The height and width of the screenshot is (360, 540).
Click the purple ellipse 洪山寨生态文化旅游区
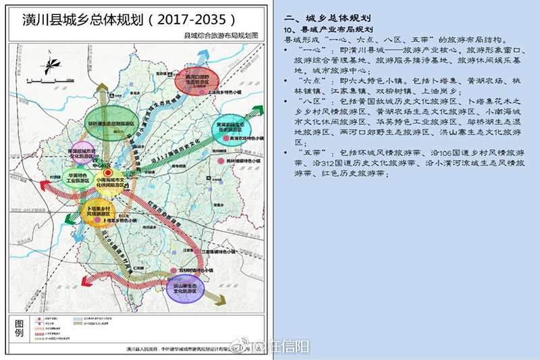click(x=184, y=288)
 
